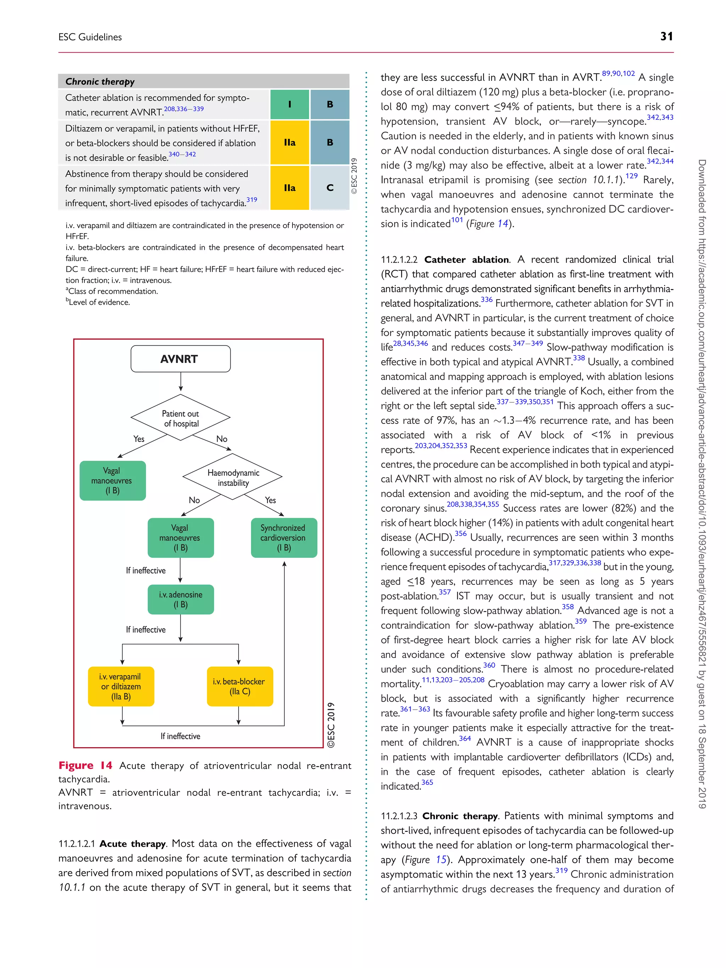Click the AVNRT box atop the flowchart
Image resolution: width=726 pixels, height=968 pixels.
click(x=180, y=359)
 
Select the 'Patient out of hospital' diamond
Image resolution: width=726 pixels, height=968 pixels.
click(x=180, y=418)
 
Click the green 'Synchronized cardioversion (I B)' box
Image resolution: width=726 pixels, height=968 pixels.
click(x=284, y=537)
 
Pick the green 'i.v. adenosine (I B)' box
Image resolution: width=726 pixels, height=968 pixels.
click(x=180, y=599)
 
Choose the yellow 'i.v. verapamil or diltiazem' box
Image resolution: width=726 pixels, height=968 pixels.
click(x=121, y=686)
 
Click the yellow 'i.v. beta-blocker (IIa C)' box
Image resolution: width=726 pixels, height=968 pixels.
click(x=239, y=686)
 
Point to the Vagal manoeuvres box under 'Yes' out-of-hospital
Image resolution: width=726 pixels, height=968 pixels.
click(x=112, y=481)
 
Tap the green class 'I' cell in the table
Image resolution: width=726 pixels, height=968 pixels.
click(x=289, y=104)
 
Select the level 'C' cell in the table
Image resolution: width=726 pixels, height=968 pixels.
click(x=330, y=188)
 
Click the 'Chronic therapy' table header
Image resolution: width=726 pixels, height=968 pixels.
click(x=100, y=82)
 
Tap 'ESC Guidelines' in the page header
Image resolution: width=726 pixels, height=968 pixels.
click(x=90, y=37)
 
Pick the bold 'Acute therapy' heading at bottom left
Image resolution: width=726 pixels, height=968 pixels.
click(x=132, y=843)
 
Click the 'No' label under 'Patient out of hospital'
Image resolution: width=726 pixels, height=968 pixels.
click(x=222, y=438)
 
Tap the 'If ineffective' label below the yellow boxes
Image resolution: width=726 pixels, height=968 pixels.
click(x=180, y=736)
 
